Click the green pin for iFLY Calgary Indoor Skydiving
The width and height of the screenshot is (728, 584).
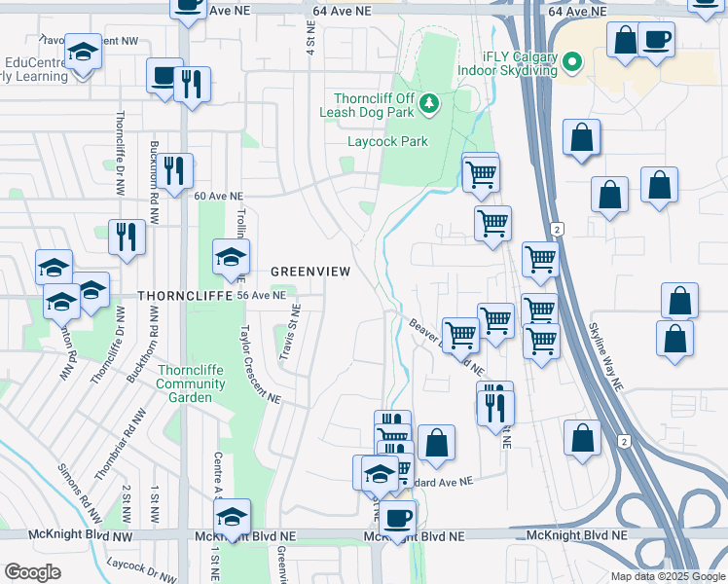pyautogui.click(x=572, y=64)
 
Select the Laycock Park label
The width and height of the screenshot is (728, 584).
pyautogui.click(x=388, y=141)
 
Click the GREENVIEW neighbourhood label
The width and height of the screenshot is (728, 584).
pyautogui.click(x=309, y=272)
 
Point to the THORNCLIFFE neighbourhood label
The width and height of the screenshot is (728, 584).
pyautogui.click(x=174, y=294)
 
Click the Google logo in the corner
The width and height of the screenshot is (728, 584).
pyautogui.click(x=32, y=572)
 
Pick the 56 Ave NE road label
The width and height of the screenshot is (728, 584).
pyautogui.click(x=263, y=295)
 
